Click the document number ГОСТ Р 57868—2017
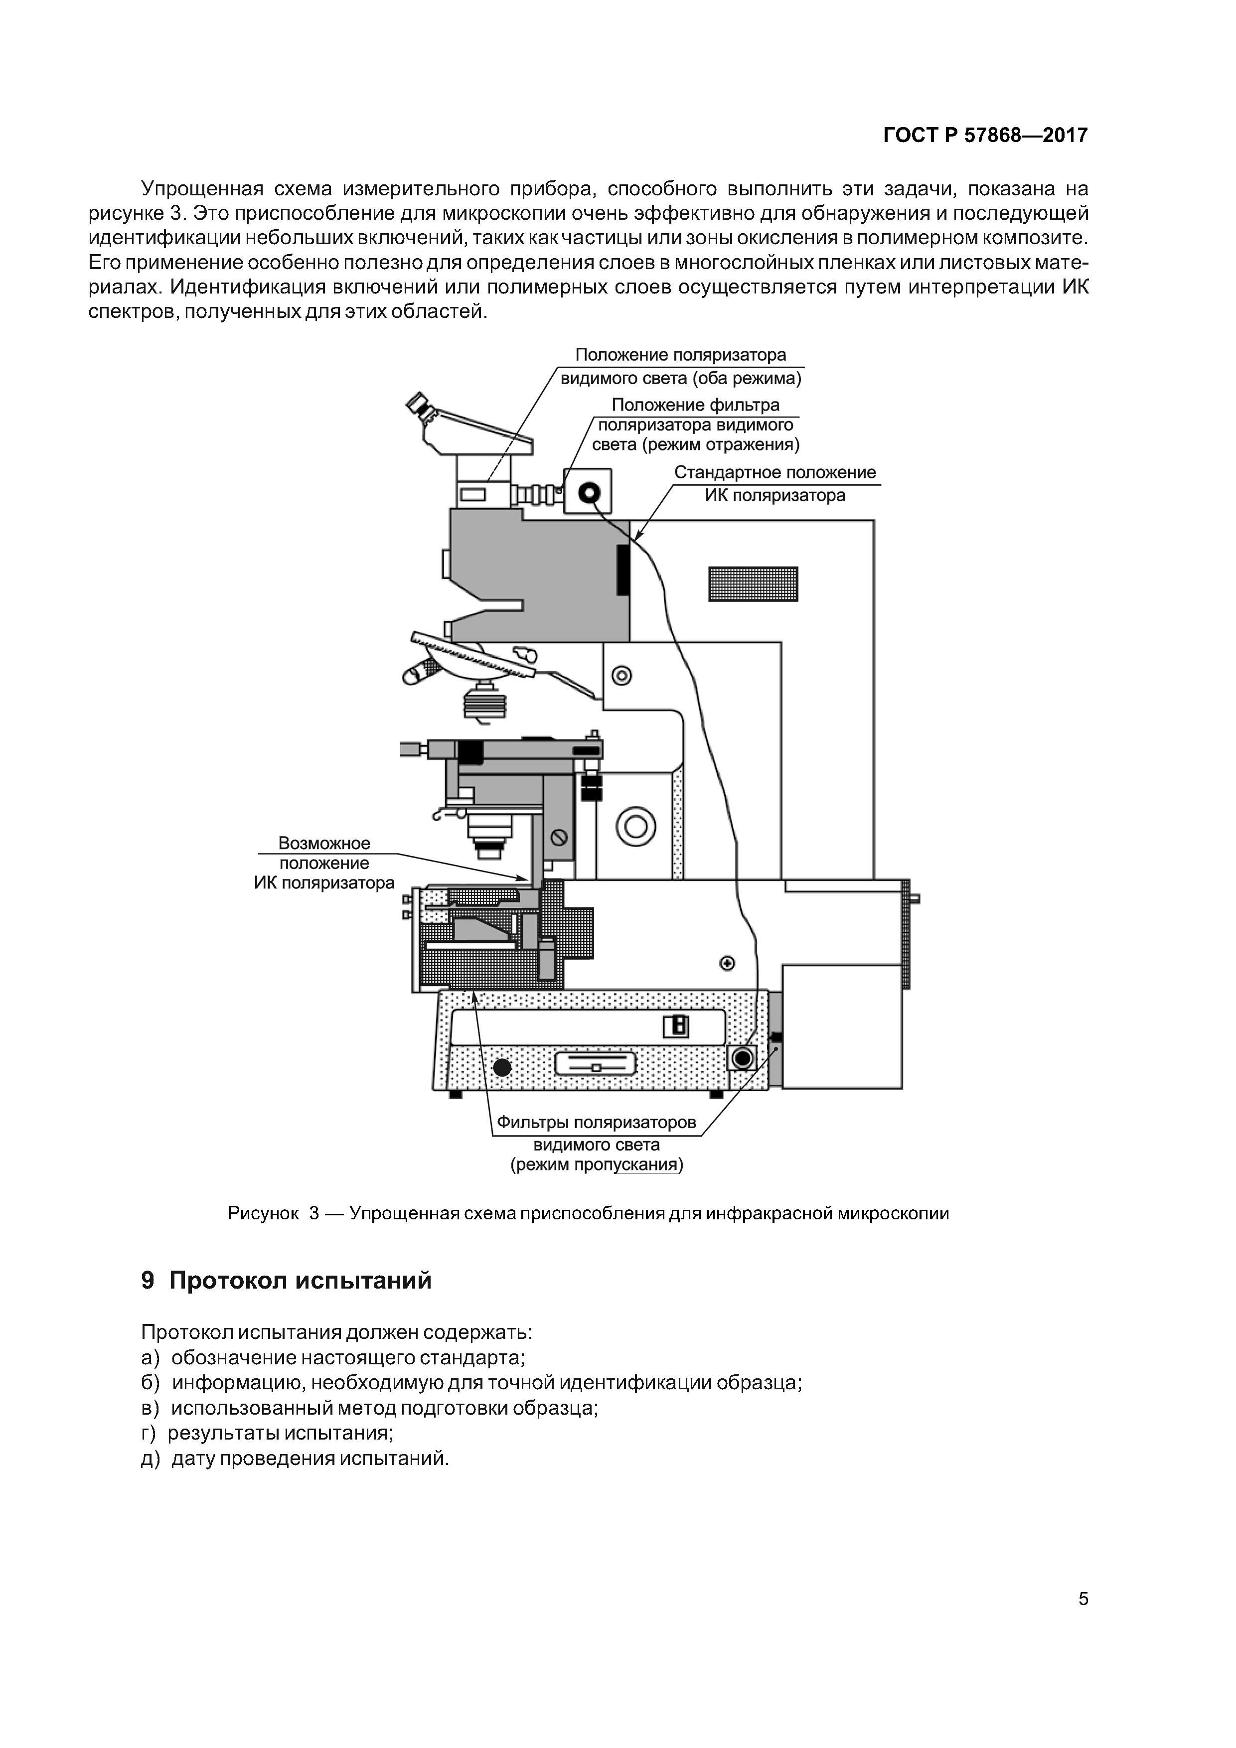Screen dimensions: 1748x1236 [x=985, y=136]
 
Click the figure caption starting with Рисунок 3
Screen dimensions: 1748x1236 [x=588, y=1213]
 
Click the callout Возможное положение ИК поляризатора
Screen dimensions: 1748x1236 [x=324, y=864]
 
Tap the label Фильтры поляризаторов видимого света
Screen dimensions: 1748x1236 [x=596, y=1144]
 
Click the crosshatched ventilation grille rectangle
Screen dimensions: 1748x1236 [x=753, y=584]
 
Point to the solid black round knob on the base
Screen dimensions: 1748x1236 [x=503, y=1067]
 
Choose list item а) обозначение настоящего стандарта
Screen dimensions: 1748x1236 [x=333, y=1357]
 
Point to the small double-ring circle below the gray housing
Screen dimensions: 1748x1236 [x=622, y=675]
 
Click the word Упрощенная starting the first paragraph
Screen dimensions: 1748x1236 [x=202, y=189]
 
